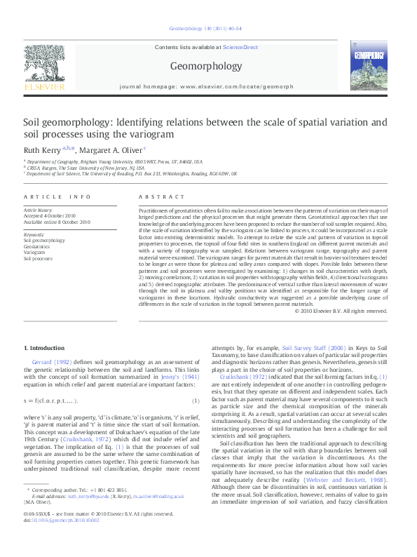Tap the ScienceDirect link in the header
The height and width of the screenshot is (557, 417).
pyautogui.click(x=240, y=47)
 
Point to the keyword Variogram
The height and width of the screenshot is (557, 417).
pyautogui.click(x=35, y=253)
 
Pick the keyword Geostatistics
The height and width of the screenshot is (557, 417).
pyautogui.click(x=37, y=246)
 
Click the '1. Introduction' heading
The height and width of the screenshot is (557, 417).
pyautogui.click(x=44, y=348)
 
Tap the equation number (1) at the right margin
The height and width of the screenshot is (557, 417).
pyautogui.click(x=196, y=401)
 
